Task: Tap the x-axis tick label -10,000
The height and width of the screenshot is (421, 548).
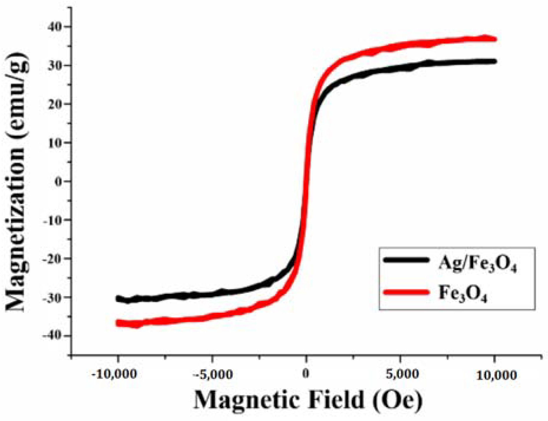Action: (114, 374)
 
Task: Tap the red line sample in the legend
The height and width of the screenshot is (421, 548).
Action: (406, 292)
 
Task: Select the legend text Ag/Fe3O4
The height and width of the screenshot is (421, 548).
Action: (477, 263)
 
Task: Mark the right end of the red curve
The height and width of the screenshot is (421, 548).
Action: (495, 39)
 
